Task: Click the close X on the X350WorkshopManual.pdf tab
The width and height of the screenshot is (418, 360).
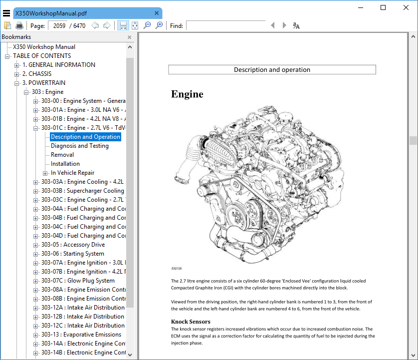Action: pos(157,13)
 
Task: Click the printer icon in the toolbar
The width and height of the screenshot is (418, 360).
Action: pos(19,25)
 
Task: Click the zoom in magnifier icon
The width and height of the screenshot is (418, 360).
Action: pos(159,25)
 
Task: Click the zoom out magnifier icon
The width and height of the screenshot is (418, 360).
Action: pos(147,25)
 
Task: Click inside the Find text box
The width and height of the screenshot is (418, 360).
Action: pos(225,25)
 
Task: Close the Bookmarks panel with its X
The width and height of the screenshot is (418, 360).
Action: pos(129,37)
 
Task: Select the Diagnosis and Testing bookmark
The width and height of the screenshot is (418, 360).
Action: pos(80,146)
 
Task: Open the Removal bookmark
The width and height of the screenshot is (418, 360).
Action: pos(62,155)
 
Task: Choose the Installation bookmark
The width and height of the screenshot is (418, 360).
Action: pos(65,164)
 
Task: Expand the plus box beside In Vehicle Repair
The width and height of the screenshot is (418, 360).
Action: pos(45,173)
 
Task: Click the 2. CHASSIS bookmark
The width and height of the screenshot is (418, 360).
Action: pos(37,74)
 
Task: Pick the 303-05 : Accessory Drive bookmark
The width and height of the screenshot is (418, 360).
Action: pos(73,245)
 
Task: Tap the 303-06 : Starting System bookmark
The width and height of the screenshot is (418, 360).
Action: pos(72,254)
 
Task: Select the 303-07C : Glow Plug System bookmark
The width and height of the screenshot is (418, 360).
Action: pos(78,281)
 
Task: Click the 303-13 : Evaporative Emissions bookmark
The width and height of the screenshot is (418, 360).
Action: pos(81,335)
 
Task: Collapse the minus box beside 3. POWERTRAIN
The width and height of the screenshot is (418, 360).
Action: pos(16,83)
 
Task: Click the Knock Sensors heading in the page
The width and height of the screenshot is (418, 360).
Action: pos(191,322)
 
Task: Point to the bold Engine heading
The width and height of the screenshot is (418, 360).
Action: pos(187,94)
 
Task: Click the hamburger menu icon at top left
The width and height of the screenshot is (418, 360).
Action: pos(6,13)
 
